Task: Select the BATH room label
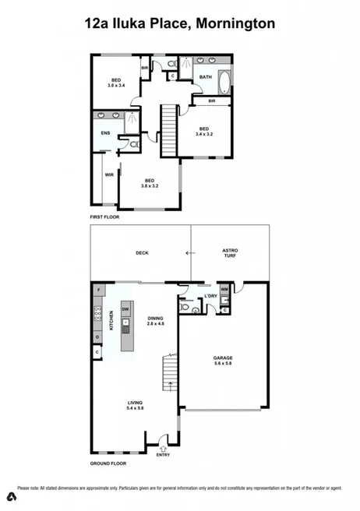pos(205,77)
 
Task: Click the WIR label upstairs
pos(109,174)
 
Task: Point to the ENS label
pos(105,133)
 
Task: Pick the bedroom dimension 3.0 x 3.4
pos(116,86)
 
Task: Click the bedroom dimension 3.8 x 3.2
pos(150,187)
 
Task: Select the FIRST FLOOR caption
pos(107,217)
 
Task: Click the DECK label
pos(142,253)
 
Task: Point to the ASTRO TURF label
pos(231,253)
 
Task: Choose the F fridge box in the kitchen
pos(98,291)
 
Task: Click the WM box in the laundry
pos(224,290)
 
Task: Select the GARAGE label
pos(224,359)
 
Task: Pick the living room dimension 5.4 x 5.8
pos(136,407)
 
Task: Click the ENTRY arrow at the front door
pos(163,448)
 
